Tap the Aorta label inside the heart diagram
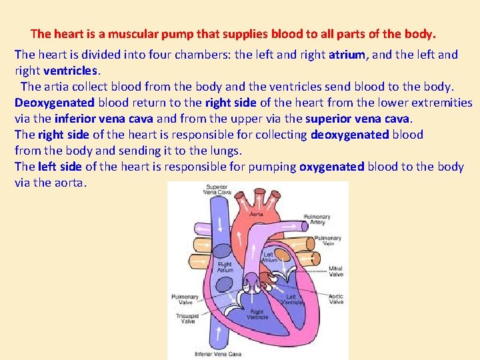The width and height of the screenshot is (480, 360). tap(255, 214)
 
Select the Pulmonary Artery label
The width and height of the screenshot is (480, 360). tap(317, 220)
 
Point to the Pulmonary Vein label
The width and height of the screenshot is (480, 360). tap(327, 241)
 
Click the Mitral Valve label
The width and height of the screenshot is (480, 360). tap(335, 271)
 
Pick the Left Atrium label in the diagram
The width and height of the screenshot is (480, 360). tap(268, 257)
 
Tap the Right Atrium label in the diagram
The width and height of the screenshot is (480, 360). tap(225, 267)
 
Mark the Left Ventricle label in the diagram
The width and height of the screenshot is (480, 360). tap(291, 300)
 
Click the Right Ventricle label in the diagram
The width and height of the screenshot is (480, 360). tap(257, 315)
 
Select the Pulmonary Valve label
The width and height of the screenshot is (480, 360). tap(185, 299)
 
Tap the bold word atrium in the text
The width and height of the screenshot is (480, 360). tap(349, 55)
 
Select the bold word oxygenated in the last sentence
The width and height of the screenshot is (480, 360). tap(331, 167)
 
